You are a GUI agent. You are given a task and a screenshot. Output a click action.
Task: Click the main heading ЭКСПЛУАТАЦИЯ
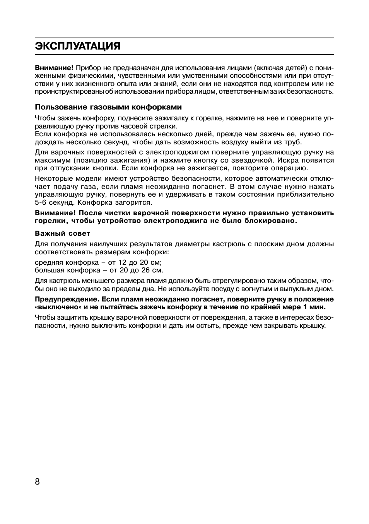(x=77, y=46)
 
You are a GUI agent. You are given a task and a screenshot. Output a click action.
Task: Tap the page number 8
(x=38, y=481)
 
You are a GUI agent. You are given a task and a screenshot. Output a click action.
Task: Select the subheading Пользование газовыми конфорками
(x=108, y=107)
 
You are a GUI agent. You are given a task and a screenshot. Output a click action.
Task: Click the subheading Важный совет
(x=62, y=233)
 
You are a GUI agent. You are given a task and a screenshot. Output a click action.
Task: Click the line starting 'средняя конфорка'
(x=98, y=262)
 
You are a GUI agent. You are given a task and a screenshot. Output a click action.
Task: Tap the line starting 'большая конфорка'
(x=99, y=270)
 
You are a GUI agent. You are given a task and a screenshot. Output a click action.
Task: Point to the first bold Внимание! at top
(x=54, y=68)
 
